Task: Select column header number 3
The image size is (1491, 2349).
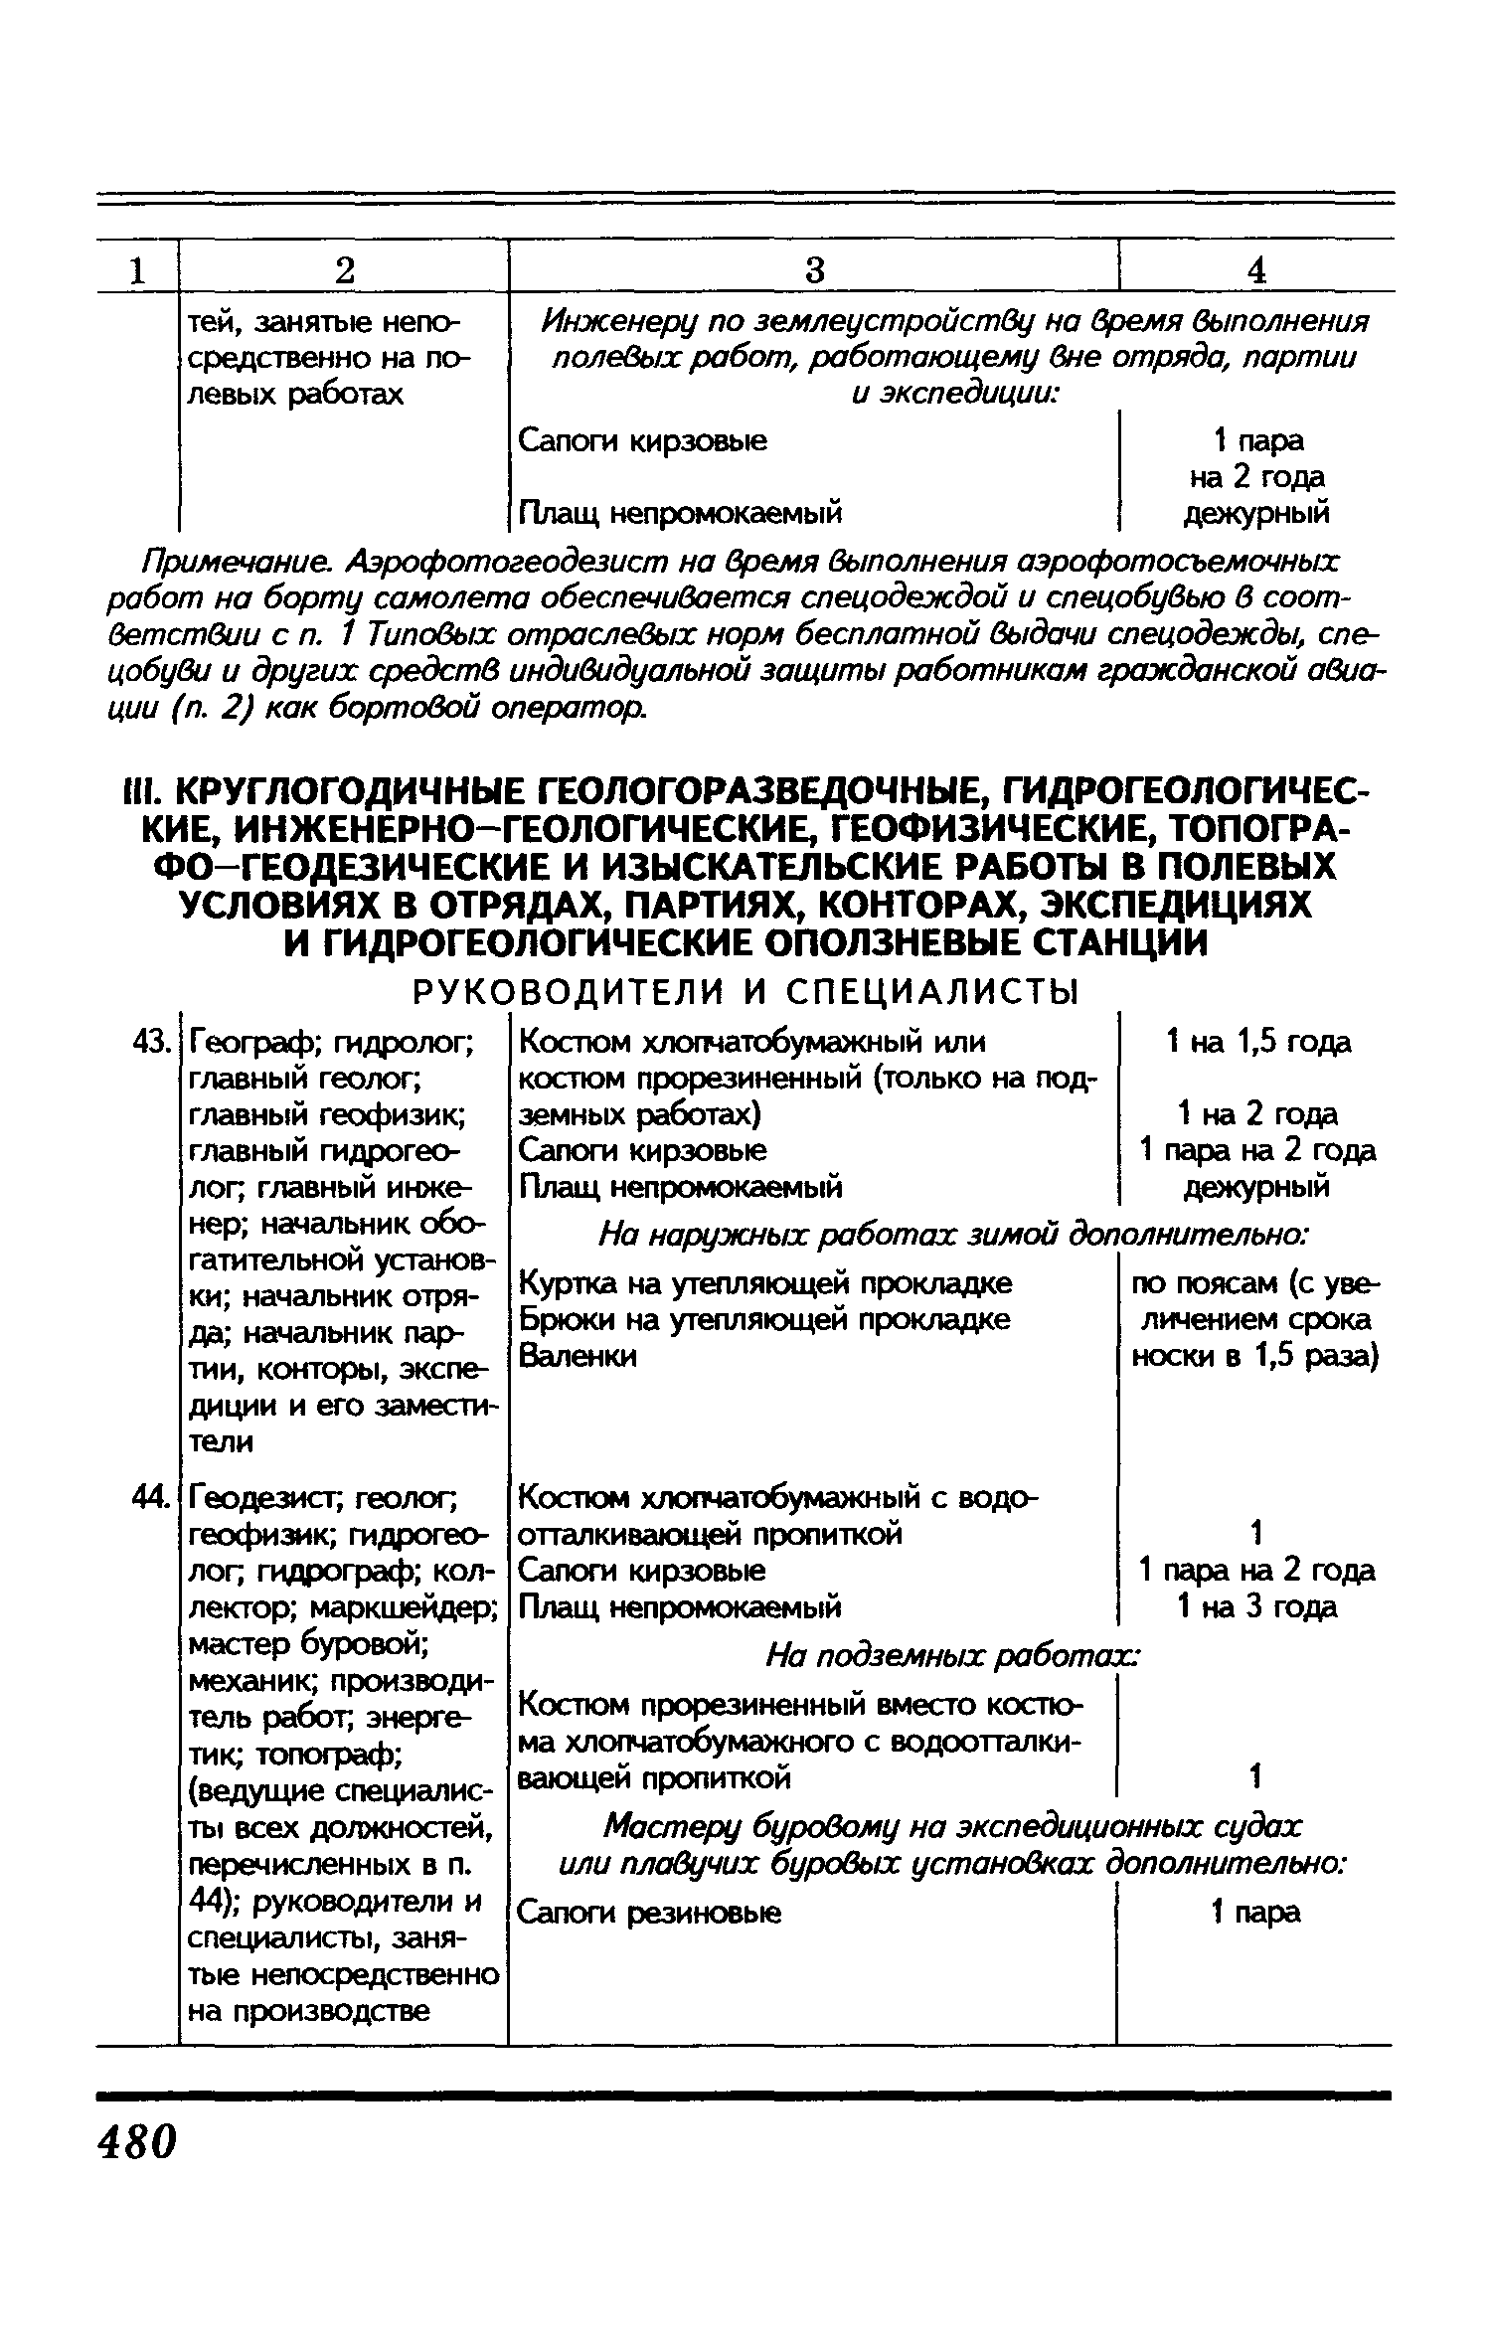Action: pos(814,269)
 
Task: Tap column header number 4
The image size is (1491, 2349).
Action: pos(1257,269)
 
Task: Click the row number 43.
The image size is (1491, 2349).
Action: pos(151,1042)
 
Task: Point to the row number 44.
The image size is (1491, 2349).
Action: pos(151,1497)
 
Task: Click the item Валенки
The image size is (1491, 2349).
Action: pos(578,1356)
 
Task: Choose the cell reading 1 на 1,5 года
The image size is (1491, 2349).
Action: pos(1257,1042)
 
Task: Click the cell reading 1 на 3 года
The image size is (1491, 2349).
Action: pos(1257,1606)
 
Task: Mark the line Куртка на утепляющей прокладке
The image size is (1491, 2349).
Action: pos(765,1283)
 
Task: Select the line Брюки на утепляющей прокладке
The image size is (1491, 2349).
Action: pos(764,1319)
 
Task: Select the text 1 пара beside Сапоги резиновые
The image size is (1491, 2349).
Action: pos(1255,1913)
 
